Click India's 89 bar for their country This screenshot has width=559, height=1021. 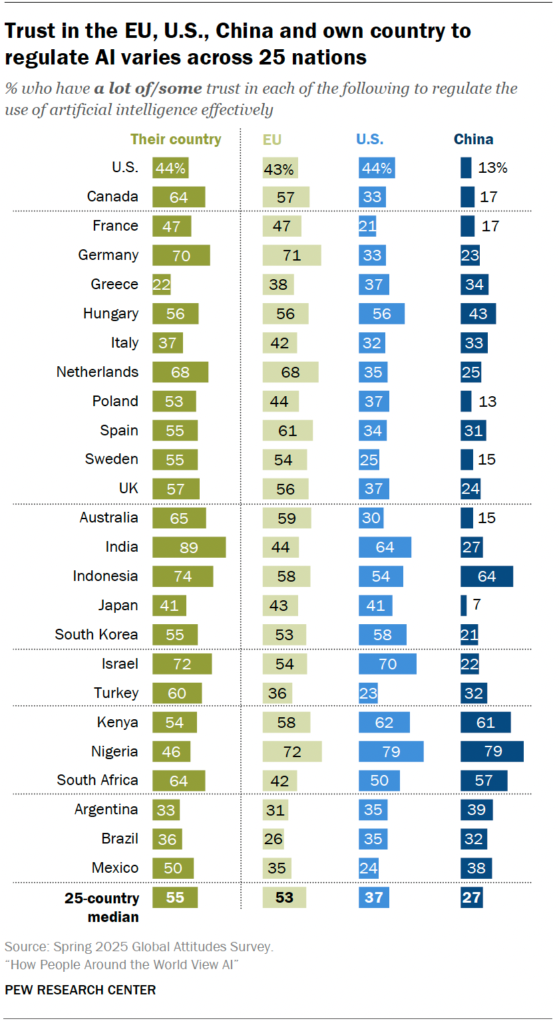189,547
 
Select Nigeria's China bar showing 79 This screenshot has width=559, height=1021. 492,751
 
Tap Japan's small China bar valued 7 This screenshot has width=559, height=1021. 463,605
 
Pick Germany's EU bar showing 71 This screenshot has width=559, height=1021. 291,255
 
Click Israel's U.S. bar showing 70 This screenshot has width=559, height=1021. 387,663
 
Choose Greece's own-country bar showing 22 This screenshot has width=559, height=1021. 162,284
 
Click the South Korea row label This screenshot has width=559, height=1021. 96,634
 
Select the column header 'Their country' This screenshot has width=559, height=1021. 176,139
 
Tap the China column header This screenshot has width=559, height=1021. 473,139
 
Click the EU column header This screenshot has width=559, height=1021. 272,139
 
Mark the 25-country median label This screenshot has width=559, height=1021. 102,907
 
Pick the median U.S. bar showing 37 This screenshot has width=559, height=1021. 374,897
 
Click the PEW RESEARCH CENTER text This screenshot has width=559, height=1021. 81,990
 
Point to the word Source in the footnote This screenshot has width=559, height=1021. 23,947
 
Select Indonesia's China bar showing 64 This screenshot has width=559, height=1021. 486,576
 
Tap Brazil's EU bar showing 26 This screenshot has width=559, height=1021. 273,838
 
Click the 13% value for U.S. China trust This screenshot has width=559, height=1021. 492,168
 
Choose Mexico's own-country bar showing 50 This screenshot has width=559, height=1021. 173,867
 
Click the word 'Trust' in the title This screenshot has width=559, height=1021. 26,31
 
